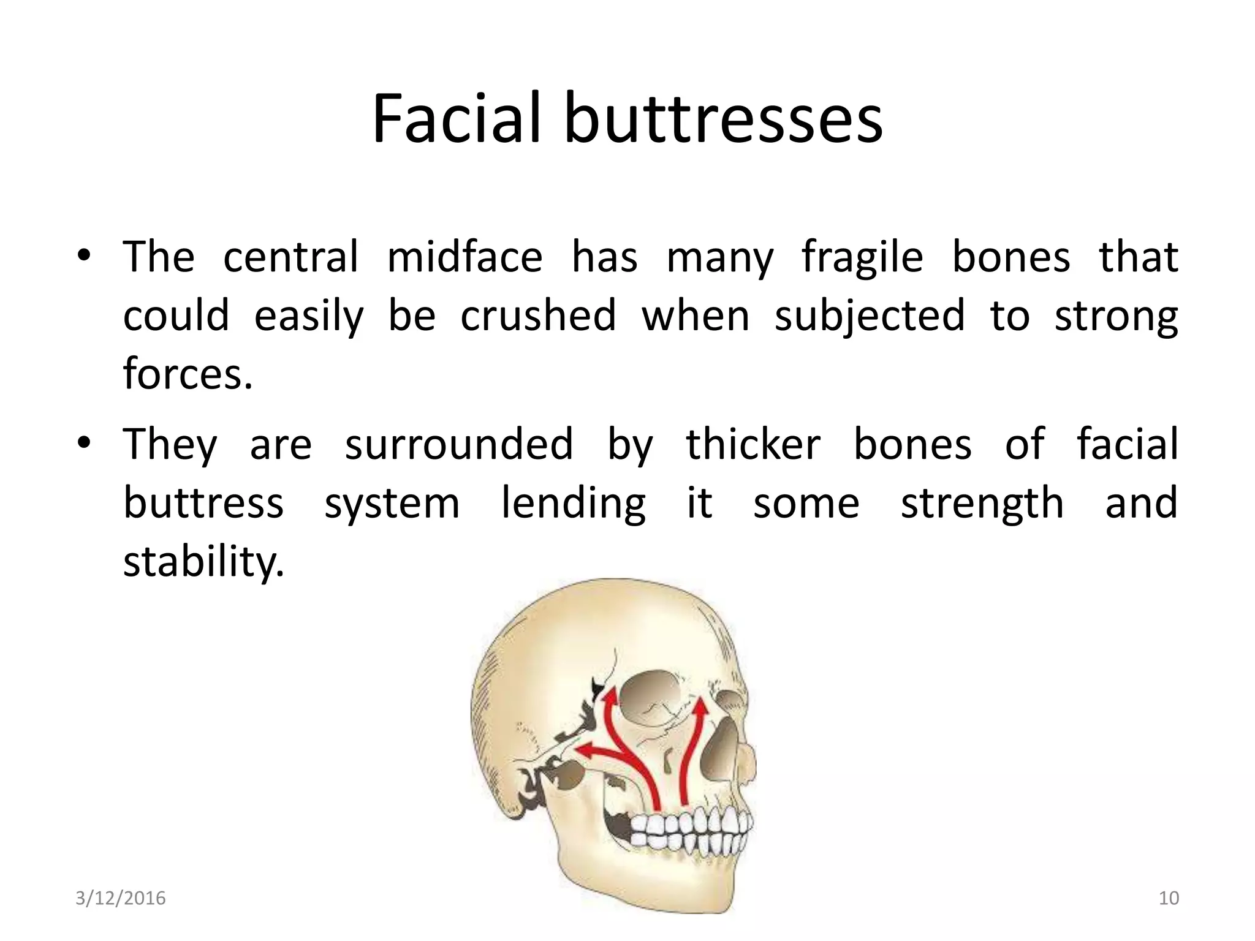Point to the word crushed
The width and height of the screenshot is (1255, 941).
click(x=538, y=315)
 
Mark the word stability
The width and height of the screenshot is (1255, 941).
click(x=203, y=561)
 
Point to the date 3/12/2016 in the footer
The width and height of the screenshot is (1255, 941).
click(x=121, y=898)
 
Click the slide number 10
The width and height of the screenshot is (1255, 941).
click(x=1169, y=898)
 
